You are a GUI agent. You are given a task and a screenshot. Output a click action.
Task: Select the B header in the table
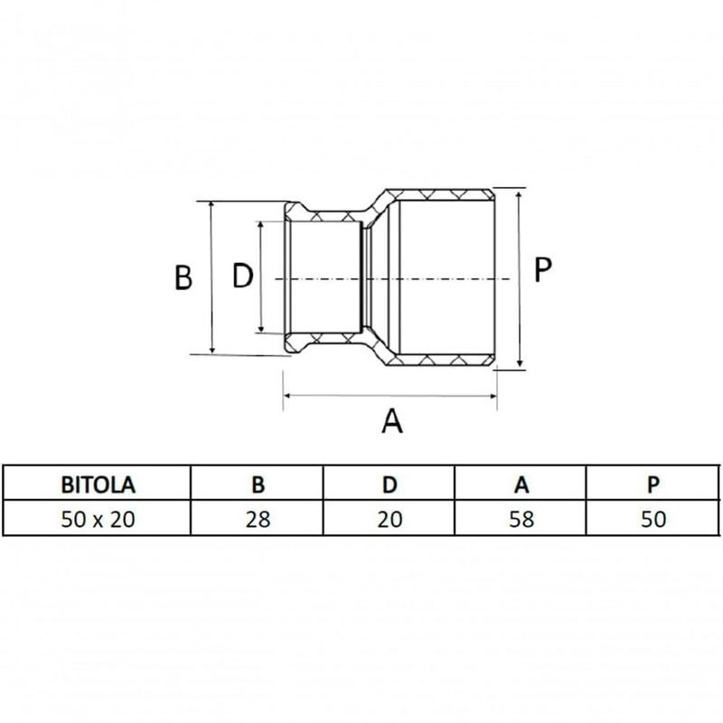click(x=258, y=484)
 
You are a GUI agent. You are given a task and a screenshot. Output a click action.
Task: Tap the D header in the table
click(x=390, y=484)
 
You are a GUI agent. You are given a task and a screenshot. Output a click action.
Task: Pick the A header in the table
click(x=521, y=484)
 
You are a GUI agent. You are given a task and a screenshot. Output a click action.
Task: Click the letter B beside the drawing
click(x=183, y=277)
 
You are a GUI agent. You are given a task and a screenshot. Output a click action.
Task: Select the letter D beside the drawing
click(x=242, y=277)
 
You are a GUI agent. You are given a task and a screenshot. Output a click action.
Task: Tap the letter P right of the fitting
click(x=541, y=269)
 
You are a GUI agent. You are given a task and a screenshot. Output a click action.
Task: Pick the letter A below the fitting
click(x=391, y=420)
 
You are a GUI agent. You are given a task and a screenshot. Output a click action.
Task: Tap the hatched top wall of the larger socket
click(x=438, y=194)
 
